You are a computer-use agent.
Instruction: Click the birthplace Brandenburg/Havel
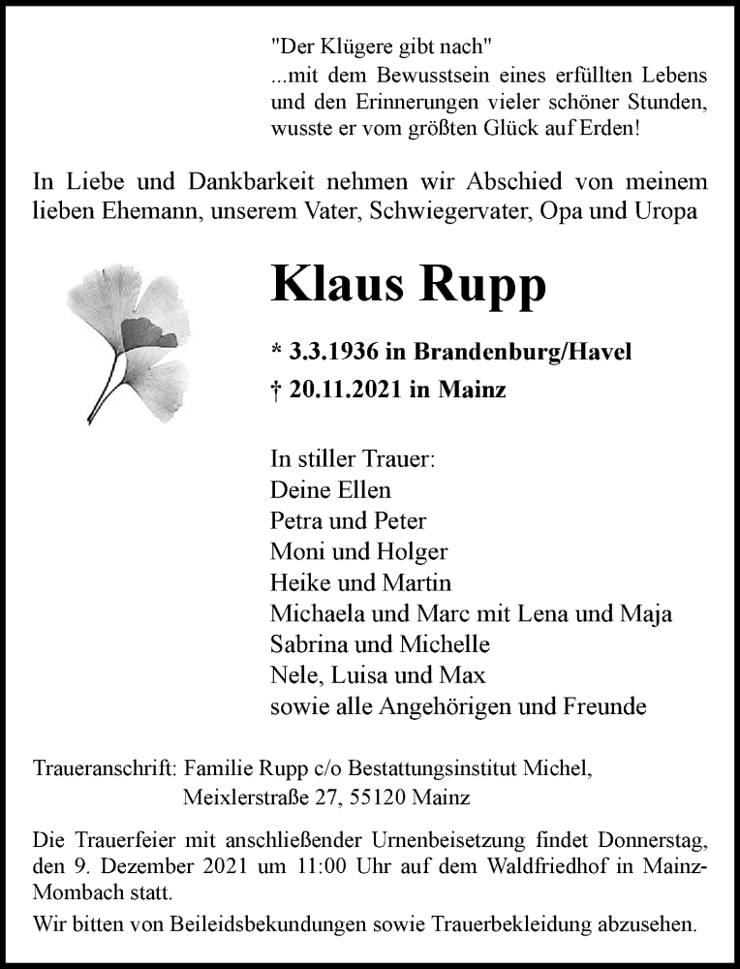[x=523, y=351]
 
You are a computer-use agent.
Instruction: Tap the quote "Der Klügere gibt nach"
[x=383, y=45]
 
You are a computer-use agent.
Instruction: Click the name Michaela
[x=321, y=614]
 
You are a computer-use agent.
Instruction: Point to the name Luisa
[x=360, y=676]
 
